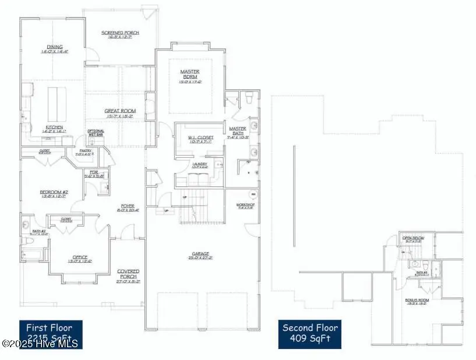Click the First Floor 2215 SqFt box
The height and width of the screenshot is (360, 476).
(51, 334)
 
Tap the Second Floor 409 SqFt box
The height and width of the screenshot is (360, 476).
(310, 334)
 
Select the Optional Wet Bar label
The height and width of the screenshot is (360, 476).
(95, 132)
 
